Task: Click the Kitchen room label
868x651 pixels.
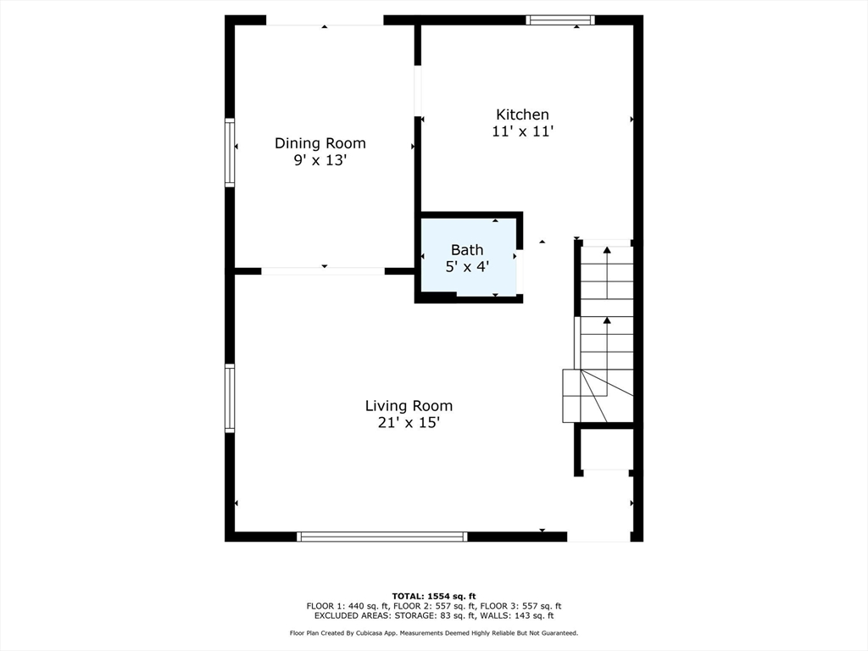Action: click(522, 114)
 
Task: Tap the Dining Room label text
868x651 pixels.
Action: click(320, 143)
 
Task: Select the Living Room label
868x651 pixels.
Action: click(409, 406)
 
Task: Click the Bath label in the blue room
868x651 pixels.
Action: click(467, 249)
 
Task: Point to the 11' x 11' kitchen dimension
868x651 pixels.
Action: click(522, 131)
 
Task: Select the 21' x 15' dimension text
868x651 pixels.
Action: click(409, 423)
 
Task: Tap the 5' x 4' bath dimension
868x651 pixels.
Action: click(467, 265)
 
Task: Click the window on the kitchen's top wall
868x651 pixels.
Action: click(559, 20)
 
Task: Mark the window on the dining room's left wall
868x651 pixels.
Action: click(230, 153)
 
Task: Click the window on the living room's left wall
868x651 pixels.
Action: click(230, 398)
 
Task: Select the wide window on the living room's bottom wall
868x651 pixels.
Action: click(381, 537)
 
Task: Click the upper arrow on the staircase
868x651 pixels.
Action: click(607, 250)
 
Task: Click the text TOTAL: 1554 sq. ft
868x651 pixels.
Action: click(433, 596)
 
